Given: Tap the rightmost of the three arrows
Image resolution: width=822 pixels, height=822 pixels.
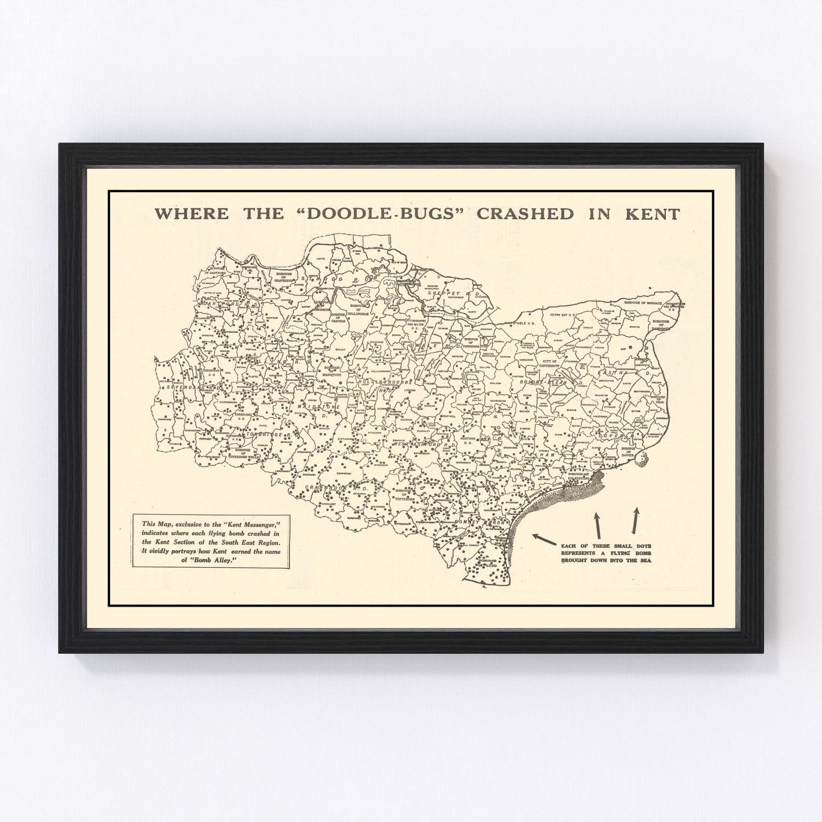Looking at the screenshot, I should point(635,520).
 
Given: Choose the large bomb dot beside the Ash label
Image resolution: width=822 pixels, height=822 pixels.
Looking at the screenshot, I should point(630,347).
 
